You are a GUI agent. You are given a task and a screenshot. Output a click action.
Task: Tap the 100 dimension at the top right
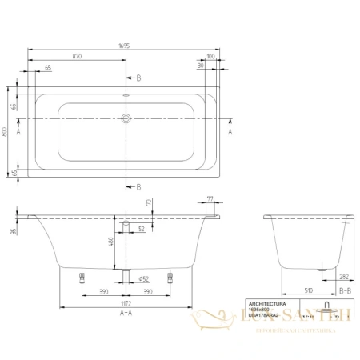[x=210, y=58]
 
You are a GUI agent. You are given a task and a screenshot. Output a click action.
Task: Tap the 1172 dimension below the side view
[x=127, y=303]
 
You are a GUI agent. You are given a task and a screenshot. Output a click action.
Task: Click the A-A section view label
[x=126, y=314]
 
